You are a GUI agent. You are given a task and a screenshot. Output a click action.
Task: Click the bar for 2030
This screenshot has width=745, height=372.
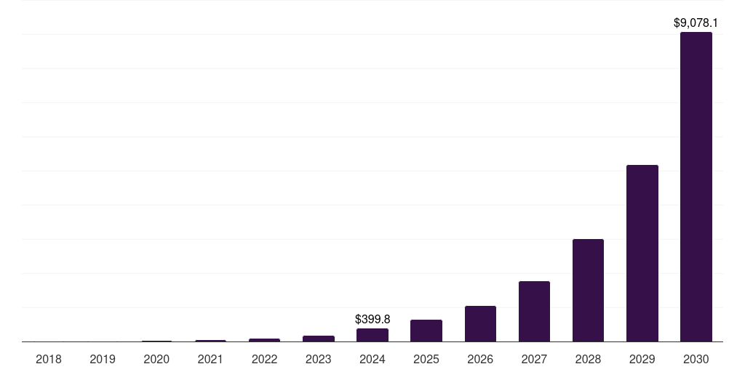(696, 187)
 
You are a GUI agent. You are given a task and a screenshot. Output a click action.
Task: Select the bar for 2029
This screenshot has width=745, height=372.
(642, 253)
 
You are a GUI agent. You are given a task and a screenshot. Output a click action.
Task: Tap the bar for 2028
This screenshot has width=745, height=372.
(588, 290)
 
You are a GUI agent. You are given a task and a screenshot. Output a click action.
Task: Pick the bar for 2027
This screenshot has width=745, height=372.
(534, 311)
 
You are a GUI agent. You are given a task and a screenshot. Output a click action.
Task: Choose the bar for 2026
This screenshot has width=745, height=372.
(480, 323)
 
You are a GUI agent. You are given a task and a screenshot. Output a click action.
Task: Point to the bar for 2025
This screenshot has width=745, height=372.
(426, 331)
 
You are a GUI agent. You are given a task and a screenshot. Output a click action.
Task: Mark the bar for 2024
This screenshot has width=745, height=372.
(372, 335)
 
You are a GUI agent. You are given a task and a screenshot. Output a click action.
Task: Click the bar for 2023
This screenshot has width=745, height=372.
(319, 339)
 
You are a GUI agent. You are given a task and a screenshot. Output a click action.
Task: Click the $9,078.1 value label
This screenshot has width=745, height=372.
(696, 23)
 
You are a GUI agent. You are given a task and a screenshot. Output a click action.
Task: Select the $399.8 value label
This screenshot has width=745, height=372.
(372, 319)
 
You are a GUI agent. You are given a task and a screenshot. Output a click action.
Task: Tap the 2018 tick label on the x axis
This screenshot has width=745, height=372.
(49, 359)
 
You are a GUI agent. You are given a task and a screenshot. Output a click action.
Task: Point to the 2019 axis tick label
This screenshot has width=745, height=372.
(103, 359)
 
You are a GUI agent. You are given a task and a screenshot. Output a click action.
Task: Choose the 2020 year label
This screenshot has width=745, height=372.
(156, 359)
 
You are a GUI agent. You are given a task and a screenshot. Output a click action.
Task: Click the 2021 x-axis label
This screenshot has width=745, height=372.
(210, 359)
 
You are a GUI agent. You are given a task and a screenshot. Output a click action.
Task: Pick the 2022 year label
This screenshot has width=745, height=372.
(264, 359)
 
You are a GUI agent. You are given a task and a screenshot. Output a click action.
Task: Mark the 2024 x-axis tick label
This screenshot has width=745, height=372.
(372, 359)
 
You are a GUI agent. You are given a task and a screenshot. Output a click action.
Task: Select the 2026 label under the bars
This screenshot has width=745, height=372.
(480, 359)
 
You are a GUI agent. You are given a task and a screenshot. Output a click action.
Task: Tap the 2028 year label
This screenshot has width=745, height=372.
(588, 359)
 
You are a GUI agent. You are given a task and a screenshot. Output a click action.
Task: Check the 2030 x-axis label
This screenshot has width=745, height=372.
(696, 359)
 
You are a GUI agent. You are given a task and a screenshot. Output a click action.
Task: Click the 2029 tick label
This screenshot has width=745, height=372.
(642, 359)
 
